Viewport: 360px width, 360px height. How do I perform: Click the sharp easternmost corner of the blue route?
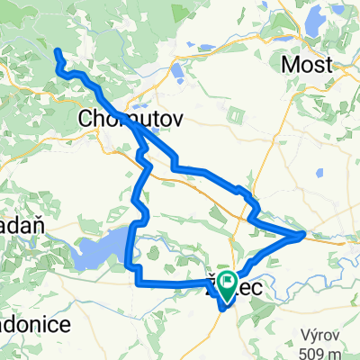click(303, 235)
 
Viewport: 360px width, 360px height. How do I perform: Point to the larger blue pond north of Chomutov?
click(176, 70)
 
